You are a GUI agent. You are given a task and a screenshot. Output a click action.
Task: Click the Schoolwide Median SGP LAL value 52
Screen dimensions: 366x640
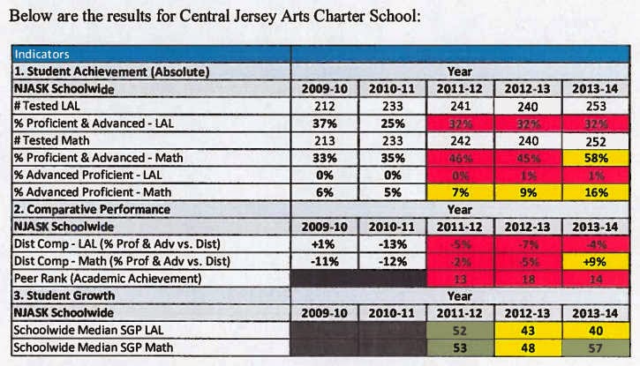pyautogui.click(x=458, y=330)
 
